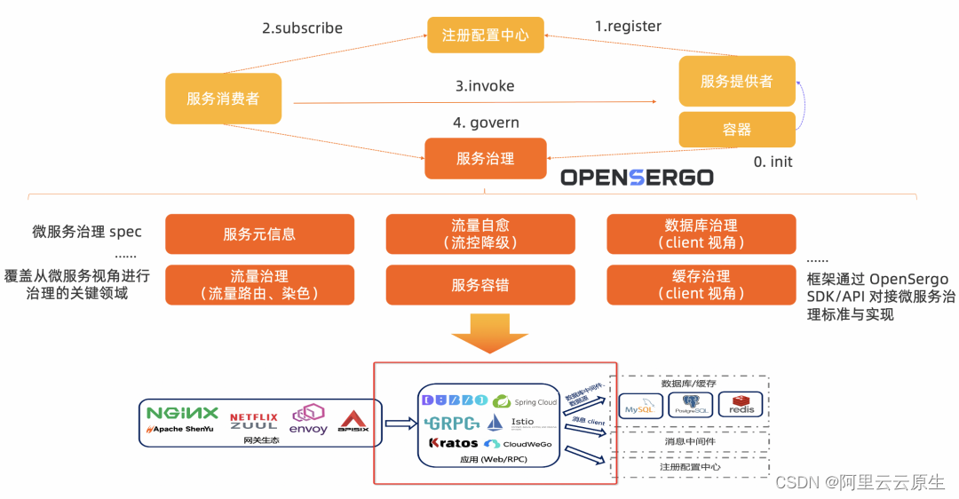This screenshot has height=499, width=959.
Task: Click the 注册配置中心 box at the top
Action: coord(485,36)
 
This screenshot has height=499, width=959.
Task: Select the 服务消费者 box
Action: coord(223,99)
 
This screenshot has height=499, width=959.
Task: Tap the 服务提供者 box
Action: coord(736,81)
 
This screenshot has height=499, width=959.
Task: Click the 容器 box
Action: coord(736,130)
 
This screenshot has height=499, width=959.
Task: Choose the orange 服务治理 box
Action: coord(485,158)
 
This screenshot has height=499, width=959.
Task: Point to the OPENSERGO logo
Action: coord(637,178)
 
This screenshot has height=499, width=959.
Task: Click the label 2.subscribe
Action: coord(302,28)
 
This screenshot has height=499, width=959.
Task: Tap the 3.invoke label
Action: coord(485,86)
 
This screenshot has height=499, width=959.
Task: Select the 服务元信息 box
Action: coord(259,234)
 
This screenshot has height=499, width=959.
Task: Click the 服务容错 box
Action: coord(485,285)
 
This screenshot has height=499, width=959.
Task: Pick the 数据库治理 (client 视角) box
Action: coord(701,234)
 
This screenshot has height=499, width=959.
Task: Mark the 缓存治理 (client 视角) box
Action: coord(701,285)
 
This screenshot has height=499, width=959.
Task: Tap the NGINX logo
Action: coord(182,413)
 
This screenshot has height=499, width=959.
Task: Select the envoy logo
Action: coord(308,420)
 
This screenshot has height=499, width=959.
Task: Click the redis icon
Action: coord(741,405)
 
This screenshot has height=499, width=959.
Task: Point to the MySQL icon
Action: coord(640,406)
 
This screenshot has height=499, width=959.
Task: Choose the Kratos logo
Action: coord(453,443)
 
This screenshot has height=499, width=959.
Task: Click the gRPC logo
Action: coord(452,422)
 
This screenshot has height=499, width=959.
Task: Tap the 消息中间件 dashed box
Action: coord(692,440)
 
